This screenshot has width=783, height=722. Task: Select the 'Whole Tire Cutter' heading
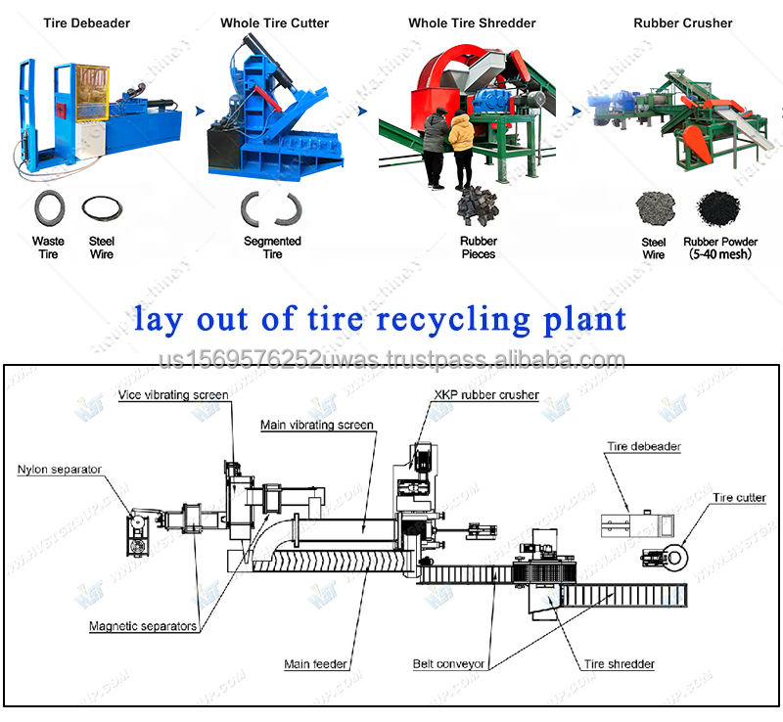(x=274, y=23)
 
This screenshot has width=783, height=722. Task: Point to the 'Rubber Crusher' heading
(x=682, y=23)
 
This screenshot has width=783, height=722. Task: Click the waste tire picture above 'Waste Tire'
(x=48, y=208)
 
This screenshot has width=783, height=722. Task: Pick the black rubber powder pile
(x=717, y=207)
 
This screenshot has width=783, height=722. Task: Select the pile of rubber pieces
(x=478, y=209)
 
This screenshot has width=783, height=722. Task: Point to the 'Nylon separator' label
(x=59, y=470)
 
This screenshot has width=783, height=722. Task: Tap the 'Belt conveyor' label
(x=448, y=665)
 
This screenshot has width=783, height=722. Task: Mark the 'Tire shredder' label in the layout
(x=620, y=665)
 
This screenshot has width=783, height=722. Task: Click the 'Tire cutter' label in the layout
(x=739, y=498)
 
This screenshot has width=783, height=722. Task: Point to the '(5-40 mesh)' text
(x=719, y=254)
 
